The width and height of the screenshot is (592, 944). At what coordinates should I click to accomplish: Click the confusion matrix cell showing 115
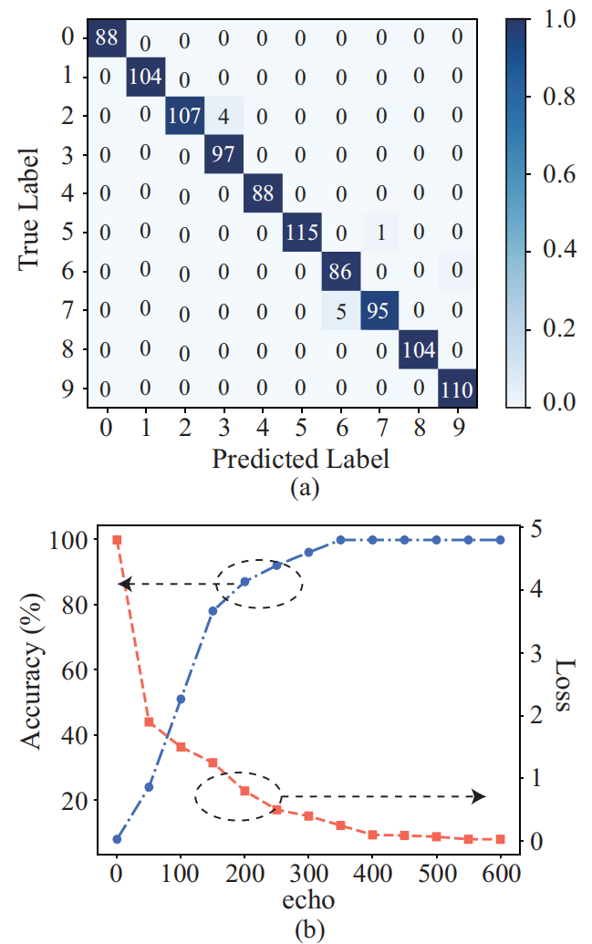click(301, 232)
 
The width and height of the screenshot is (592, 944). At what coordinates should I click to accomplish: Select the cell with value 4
click(223, 116)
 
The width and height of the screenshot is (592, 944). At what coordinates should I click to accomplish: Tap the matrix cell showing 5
click(340, 310)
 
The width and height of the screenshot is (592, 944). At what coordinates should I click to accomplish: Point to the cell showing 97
click(223, 154)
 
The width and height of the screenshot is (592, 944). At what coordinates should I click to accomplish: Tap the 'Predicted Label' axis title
click(300, 458)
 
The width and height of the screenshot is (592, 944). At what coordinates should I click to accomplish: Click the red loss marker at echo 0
click(117, 540)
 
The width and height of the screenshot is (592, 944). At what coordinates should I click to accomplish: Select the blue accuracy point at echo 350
click(340, 540)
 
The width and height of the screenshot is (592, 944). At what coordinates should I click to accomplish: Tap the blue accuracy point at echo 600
click(501, 540)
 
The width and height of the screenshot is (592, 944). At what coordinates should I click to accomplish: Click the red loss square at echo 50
click(149, 721)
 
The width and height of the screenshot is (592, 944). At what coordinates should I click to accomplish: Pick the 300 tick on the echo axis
click(308, 875)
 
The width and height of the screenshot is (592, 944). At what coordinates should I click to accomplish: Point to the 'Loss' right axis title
click(566, 686)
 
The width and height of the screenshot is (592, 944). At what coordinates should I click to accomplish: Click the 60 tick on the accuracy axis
click(76, 670)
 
